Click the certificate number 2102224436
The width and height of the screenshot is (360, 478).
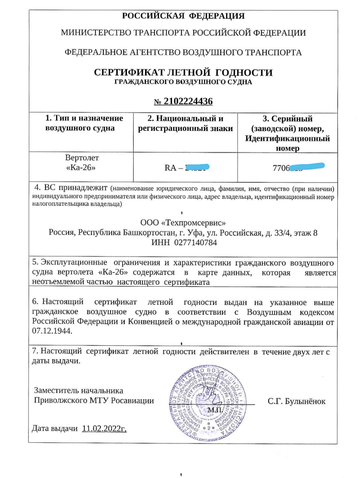click(x=188, y=101)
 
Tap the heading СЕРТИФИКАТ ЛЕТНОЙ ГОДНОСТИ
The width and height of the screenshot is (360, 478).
click(x=183, y=72)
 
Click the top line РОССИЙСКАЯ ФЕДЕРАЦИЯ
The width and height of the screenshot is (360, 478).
click(x=183, y=16)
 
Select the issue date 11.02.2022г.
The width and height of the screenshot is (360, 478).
click(x=104, y=429)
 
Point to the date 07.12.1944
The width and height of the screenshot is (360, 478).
click(x=52, y=331)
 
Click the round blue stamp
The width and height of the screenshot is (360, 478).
click(x=207, y=401)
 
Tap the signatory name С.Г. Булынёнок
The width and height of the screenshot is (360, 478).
click(x=296, y=401)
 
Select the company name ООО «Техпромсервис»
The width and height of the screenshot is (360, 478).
click(x=183, y=222)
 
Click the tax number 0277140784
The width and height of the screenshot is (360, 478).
click(x=195, y=243)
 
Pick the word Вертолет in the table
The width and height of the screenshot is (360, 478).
click(x=82, y=157)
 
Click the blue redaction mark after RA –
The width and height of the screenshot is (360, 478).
click(x=197, y=167)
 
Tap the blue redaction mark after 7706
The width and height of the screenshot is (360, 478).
click(x=307, y=167)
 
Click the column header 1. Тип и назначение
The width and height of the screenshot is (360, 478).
click(x=84, y=118)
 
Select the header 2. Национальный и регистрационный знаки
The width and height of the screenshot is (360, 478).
click(x=185, y=123)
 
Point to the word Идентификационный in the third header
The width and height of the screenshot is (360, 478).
click(x=287, y=138)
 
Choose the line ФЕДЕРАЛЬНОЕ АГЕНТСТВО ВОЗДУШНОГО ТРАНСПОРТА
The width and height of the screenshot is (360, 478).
click(x=183, y=52)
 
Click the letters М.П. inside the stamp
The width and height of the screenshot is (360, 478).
click(x=215, y=410)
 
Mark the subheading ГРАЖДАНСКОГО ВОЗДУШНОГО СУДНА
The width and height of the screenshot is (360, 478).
click(x=183, y=82)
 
